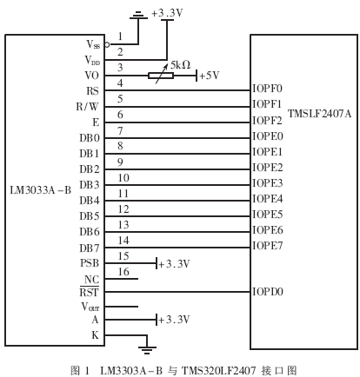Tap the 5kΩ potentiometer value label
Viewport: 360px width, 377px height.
182,65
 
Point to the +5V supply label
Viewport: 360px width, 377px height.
210,76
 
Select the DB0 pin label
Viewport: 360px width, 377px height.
90,137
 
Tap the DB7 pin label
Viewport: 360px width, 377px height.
90,248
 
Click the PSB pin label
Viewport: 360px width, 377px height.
90,262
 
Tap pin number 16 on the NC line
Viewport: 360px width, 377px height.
123,272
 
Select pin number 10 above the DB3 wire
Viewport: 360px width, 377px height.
123,177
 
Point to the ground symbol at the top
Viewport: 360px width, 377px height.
137,15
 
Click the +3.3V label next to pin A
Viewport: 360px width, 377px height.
175,320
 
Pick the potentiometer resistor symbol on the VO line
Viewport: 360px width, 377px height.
161,76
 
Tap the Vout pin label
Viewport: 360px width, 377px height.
90,306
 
